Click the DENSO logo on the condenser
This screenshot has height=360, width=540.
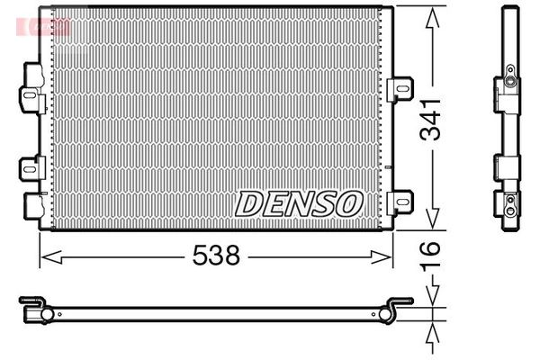[298, 204]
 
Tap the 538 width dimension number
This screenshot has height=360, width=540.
[216, 256]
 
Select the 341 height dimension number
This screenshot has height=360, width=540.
[430, 118]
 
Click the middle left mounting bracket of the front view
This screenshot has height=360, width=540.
[31, 166]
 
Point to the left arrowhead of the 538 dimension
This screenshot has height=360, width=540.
[45, 256]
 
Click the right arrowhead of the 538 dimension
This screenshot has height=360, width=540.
[388, 256]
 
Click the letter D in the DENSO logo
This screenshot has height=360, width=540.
[249, 204]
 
